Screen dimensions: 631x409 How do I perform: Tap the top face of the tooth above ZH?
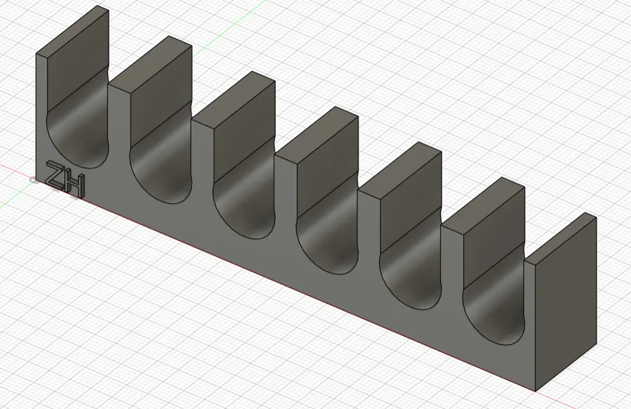point(73,30)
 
